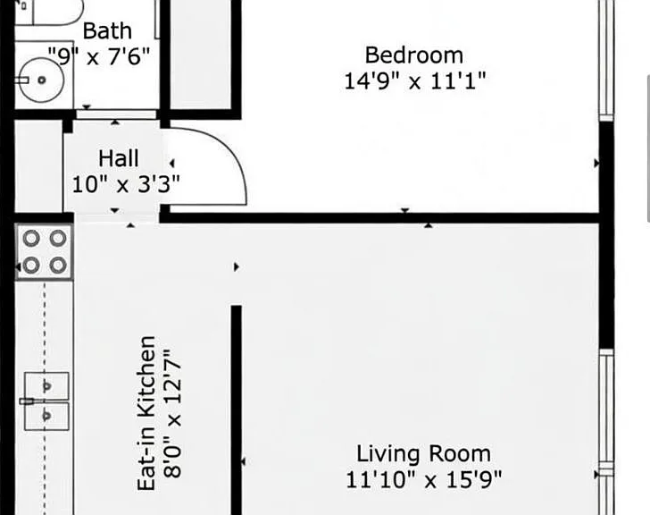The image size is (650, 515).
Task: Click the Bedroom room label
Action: coord(413,55)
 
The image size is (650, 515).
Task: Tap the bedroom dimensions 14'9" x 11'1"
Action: coord(415,81)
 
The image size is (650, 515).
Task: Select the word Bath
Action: coord(107,31)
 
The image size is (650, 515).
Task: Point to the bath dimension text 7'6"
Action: coord(129,56)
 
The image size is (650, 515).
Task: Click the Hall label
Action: coord(119,158)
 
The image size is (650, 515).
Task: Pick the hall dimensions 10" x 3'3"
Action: coord(126,184)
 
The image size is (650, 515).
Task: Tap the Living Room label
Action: coord(423,453)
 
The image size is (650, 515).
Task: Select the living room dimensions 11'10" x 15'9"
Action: coord(423,479)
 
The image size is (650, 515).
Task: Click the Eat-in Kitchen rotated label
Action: coord(146,413)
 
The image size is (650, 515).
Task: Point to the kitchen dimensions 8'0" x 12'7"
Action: coord(172,414)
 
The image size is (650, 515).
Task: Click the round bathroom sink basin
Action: coord(42,80)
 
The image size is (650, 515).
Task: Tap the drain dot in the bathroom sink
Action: coord(41,80)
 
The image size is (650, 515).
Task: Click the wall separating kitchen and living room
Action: coord(237,410)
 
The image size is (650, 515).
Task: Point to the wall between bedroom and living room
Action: coord(379,218)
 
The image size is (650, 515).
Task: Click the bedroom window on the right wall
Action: coord(606,60)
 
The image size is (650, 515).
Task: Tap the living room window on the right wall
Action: coord(606,432)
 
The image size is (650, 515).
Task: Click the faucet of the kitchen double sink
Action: coord(28,401)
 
